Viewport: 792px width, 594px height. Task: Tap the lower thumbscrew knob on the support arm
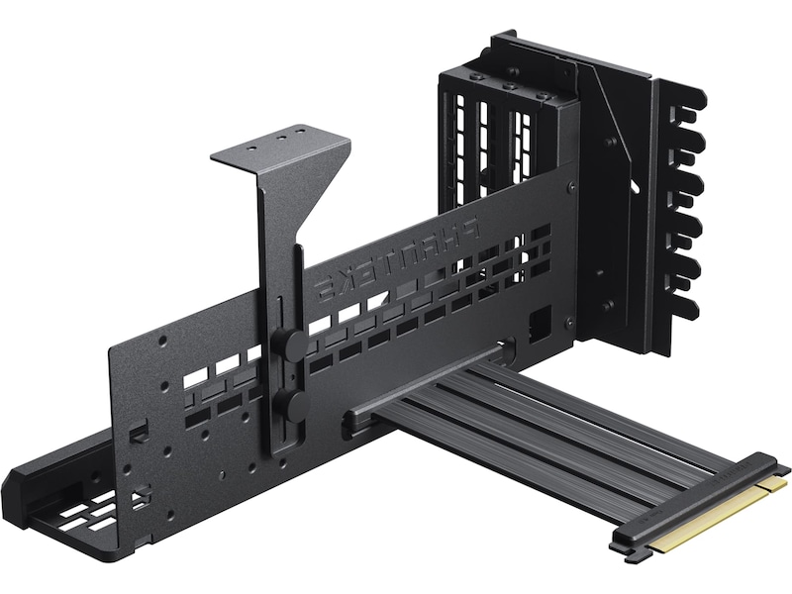pos(293,402)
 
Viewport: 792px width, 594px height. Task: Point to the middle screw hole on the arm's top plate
pos(280,133)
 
